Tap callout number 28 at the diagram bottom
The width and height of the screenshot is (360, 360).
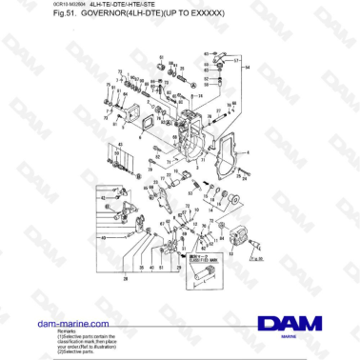126,279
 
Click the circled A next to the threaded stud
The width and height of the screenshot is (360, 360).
193,85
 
